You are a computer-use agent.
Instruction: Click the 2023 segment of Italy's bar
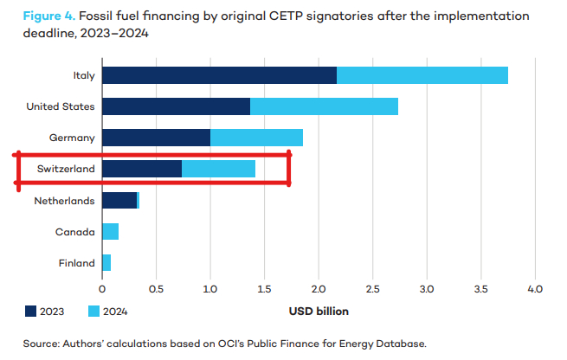(x=218, y=75)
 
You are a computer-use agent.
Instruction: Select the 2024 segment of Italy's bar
(x=422, y=75)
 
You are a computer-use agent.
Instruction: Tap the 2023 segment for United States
(x=176, y=106)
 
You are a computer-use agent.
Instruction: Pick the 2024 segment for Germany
(x=256, y=138)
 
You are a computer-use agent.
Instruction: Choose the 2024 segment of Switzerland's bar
(x=218, y=169)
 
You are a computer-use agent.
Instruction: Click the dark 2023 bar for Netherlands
(x=119, y=201)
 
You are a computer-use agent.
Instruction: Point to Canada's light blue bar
(x=110, y=232)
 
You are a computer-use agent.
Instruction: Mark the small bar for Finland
(x=106, y=263)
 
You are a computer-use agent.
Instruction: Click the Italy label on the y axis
(x=84, y=75)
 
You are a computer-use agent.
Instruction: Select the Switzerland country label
(x=64, y=169)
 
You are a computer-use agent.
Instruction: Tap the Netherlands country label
(x=64, y=201)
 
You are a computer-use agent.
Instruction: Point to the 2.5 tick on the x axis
(x=427, y=288)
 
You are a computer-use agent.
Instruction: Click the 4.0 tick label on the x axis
(x=535, y=288)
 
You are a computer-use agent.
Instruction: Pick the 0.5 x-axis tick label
(x=156, y=288)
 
